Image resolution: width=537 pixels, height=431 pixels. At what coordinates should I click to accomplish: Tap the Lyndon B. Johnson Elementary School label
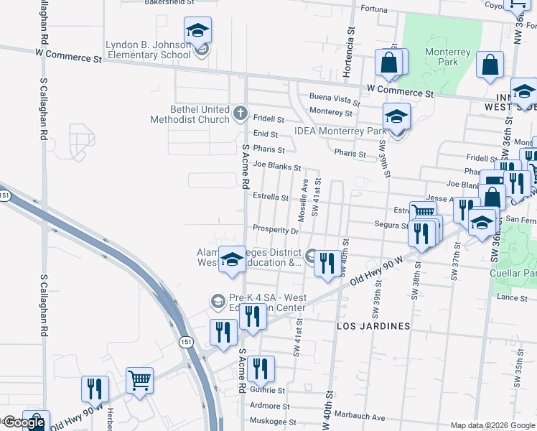(x=149, y=49)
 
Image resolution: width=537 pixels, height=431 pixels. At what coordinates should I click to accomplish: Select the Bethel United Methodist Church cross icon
(x=241, y=113)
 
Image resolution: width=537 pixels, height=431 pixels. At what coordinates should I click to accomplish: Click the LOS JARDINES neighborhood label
(x=373, y=326)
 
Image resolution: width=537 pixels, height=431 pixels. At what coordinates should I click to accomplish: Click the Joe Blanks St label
(x=276, y=167)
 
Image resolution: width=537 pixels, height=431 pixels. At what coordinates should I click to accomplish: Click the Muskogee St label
(x=272, y=422)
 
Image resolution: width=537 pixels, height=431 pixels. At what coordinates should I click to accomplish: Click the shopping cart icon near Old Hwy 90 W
(x=140, y=380)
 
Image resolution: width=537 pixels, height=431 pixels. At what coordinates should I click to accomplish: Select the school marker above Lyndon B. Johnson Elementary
(x=197, y=31)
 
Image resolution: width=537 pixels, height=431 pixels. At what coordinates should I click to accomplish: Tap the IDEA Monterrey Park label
(x=340, y=131)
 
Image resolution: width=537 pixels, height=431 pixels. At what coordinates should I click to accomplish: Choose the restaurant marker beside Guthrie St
(x=261, y=369)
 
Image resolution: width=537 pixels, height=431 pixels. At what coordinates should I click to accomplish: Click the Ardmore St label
(x=265, y=406)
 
